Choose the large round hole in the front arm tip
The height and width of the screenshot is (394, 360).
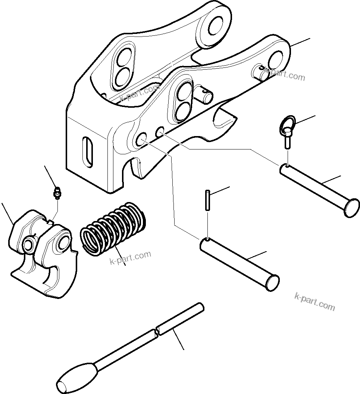point(277,59)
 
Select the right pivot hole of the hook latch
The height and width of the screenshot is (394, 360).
point(63,243)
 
